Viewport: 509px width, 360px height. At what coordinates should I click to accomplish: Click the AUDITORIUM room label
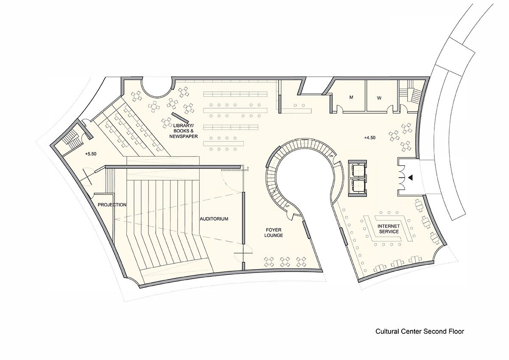point(214,219)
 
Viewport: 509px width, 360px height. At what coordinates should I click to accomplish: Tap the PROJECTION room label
point(112,205)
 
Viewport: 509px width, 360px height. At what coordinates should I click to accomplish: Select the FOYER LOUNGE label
point(274,233)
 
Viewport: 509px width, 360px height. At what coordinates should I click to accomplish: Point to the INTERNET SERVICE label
point(389,229)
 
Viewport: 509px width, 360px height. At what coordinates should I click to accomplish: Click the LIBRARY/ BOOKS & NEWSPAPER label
point(183,131)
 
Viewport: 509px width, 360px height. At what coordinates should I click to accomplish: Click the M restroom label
point(351,97)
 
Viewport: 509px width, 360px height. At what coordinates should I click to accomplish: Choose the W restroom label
point(379,98)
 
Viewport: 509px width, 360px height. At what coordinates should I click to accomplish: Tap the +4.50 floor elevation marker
point(370,138)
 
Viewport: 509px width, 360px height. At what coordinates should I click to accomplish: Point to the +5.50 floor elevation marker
point(91,154)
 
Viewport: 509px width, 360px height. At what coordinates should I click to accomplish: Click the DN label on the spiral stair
point(331,156)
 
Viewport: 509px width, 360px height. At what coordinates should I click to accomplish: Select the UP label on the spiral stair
point(288,206)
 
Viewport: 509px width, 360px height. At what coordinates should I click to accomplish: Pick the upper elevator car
point(358,169)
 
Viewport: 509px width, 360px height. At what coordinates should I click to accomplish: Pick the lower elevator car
point(358,186)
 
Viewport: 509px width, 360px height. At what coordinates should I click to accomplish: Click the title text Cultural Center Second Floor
point(420,332)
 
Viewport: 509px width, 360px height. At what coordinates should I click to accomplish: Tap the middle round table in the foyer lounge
point(285,262)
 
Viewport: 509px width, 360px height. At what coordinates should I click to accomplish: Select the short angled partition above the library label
point(180,117)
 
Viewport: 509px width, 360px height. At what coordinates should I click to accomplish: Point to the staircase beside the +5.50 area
point(72,138)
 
